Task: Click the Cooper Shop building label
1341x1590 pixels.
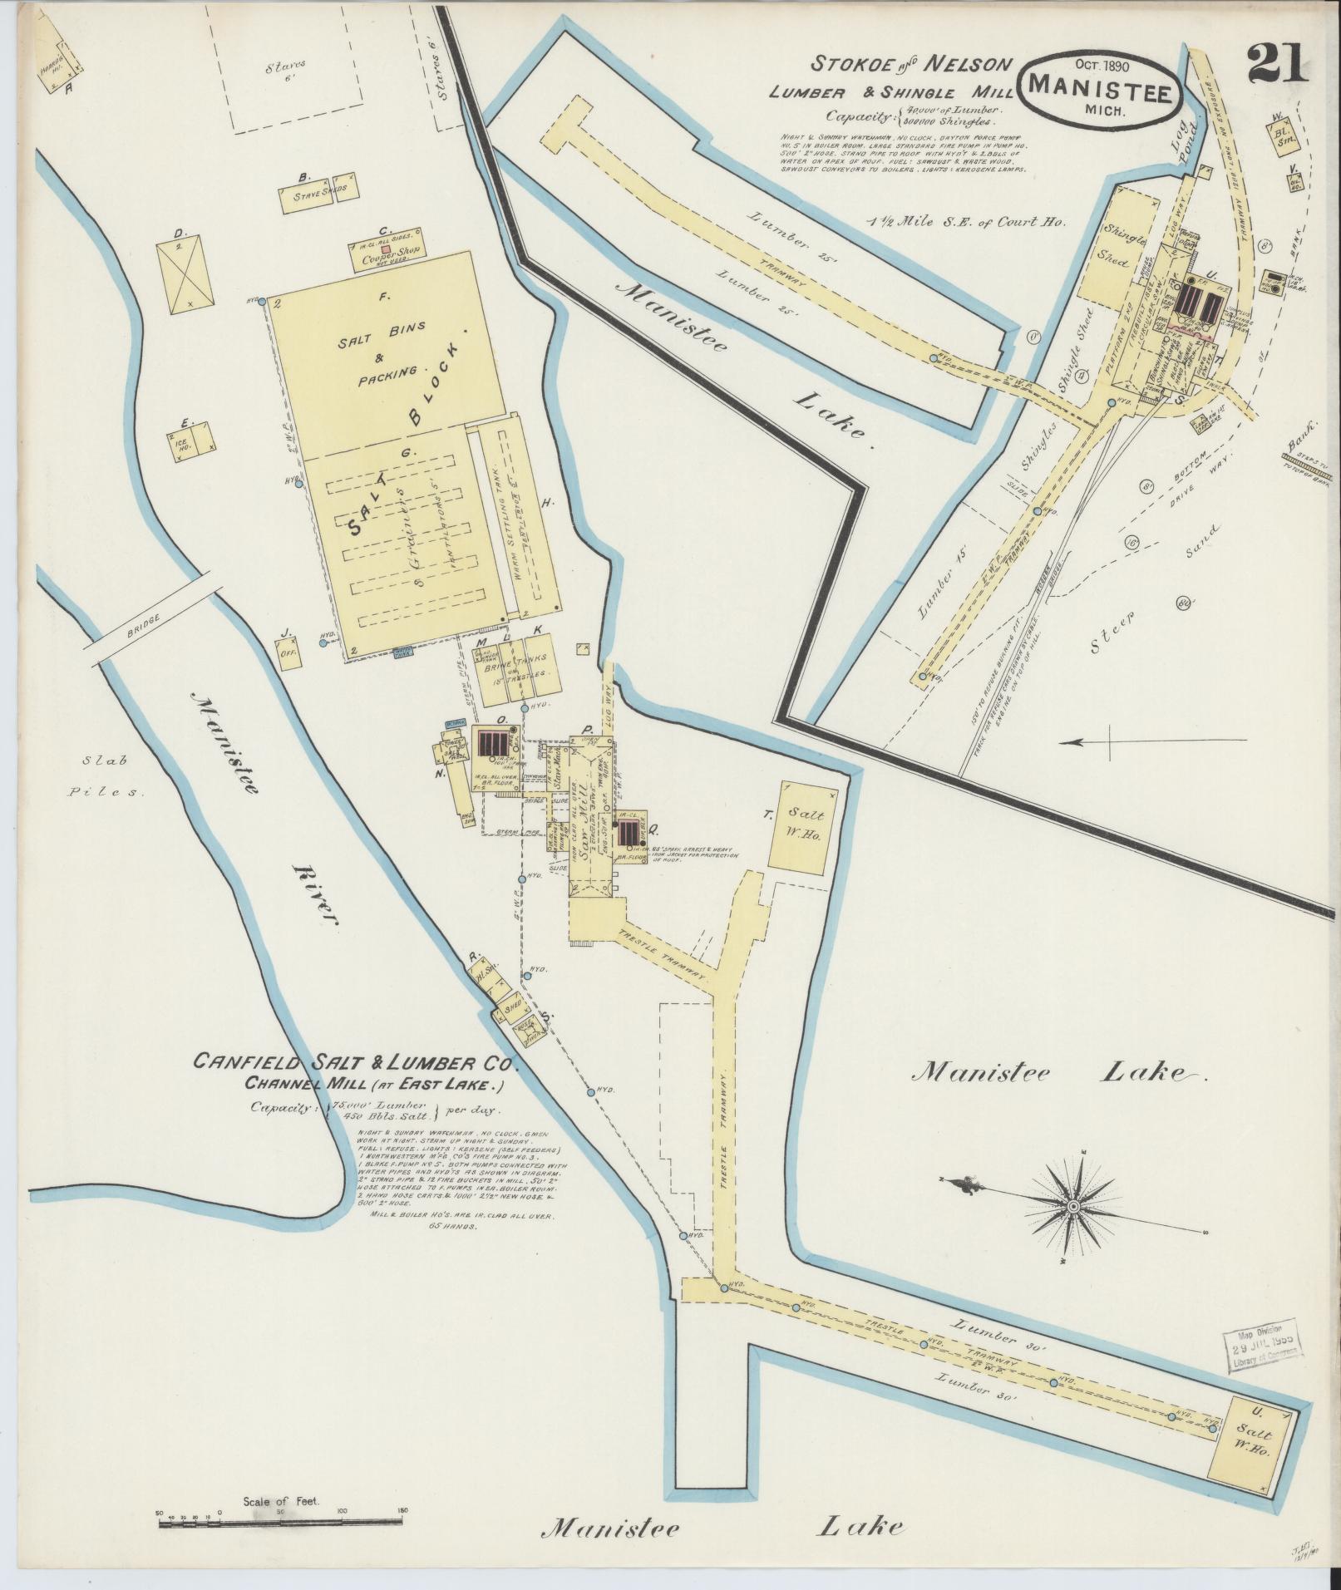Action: pos(386,256)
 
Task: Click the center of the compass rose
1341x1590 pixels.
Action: pos(1072,1205)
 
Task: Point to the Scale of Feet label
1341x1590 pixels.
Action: pos(283,1502)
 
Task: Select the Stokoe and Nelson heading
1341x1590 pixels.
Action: pos(912,66)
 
